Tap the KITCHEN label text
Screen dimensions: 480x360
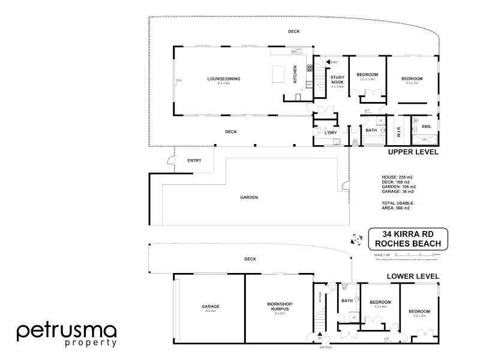(295, 74)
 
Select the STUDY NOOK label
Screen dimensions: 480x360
(337, 80)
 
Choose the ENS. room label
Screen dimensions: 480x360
(427, 127)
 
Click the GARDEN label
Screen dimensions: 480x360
(249, 197)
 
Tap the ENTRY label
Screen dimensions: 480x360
(194, 160)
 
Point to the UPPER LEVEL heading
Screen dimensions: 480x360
(413, 152)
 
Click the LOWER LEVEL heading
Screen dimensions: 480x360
(413, 276)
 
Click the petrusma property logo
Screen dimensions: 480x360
(66, 334)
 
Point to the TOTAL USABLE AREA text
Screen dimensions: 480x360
(396, 206)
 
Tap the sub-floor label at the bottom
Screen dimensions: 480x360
(326, 347)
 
